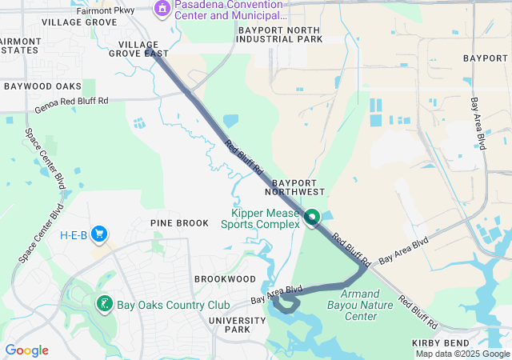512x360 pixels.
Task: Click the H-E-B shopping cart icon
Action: pos(100,234)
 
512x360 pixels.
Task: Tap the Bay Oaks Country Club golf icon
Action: pos(104,304)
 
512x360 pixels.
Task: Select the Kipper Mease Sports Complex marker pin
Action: pos(310,217)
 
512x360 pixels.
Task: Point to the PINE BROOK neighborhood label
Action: pos(179,222)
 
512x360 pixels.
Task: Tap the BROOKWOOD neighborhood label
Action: pos(225,278)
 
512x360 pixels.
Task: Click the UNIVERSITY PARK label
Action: pos(237,325)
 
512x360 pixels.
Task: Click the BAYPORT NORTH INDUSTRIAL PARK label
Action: pos(280,34)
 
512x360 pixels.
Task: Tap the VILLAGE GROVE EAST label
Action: pos(143,50)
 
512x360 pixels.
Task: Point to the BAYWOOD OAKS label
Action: pos(42,86)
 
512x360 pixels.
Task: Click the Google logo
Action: pos(26,350)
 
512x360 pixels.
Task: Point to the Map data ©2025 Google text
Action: pos(462,354)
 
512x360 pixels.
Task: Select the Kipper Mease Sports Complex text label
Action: pos(262,218)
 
